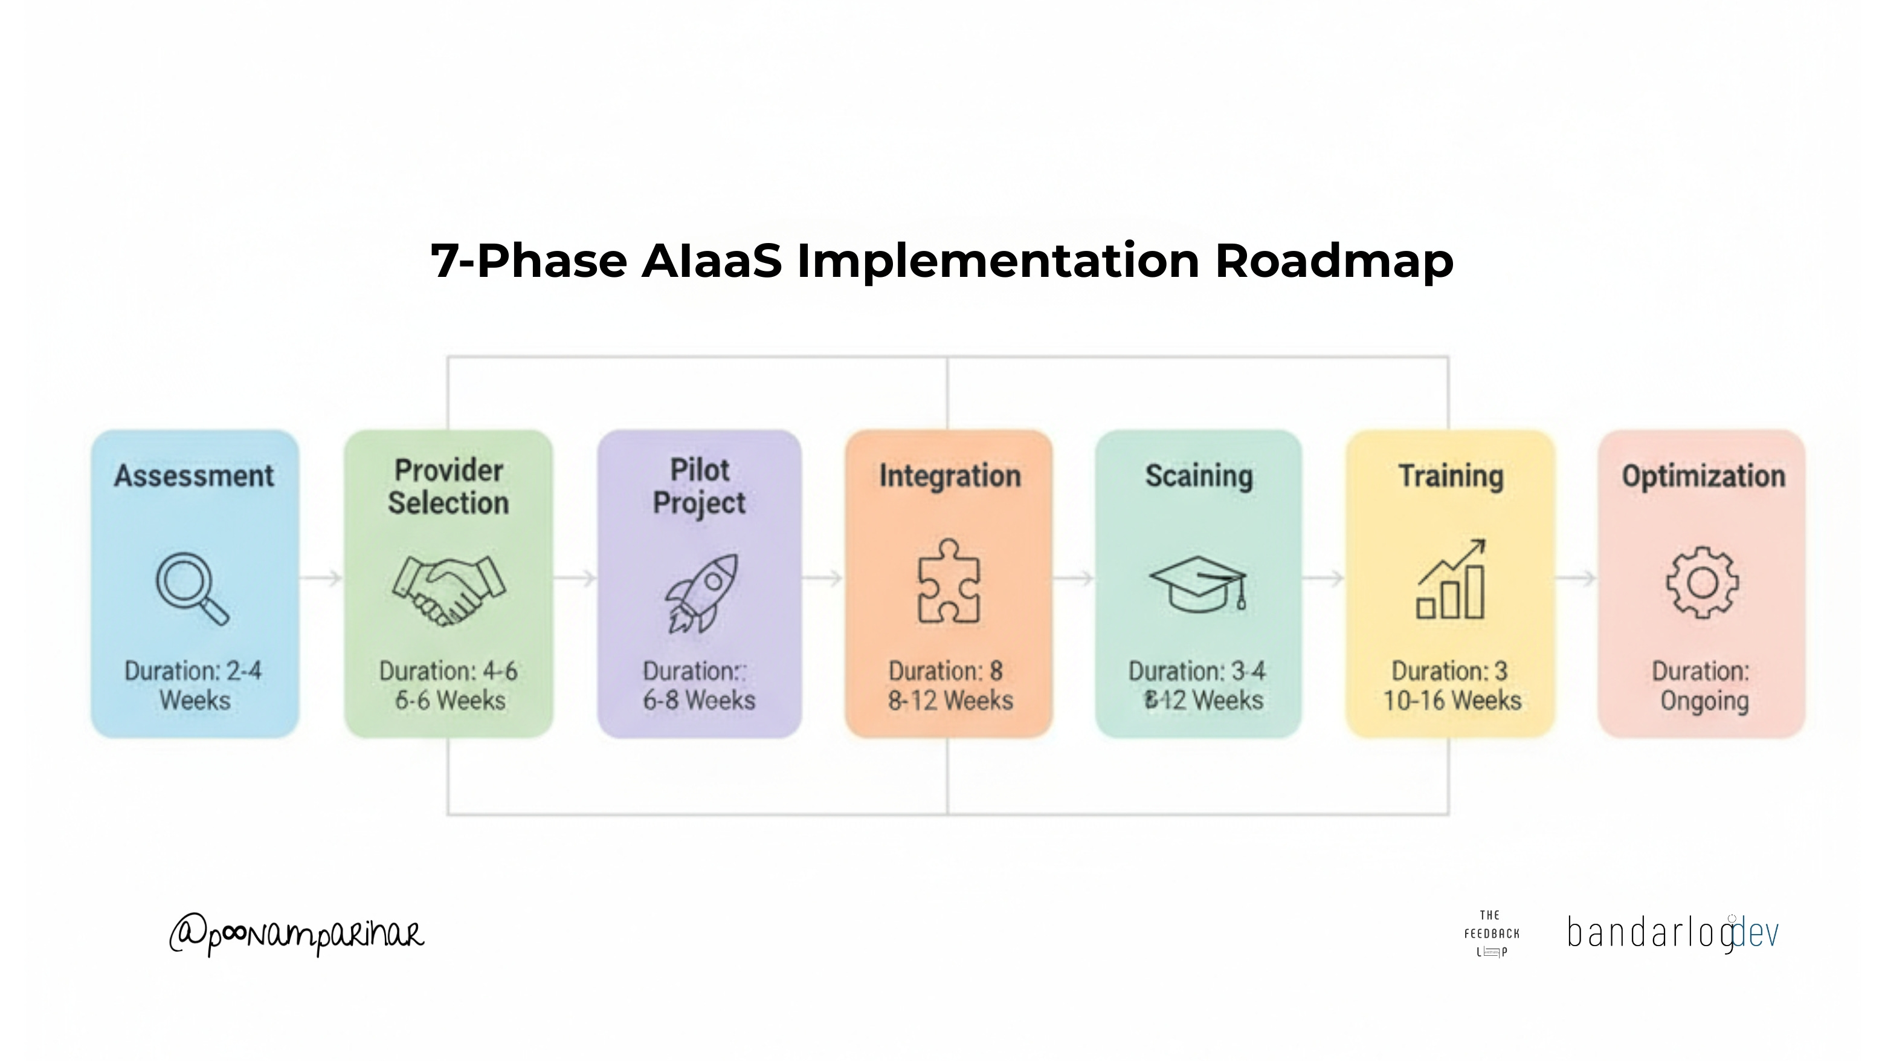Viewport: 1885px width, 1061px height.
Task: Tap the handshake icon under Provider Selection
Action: [x=448, y=589]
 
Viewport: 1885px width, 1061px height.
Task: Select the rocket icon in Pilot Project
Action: [x=701, y=592]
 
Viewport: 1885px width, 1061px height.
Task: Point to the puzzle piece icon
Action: [x=949, y=582]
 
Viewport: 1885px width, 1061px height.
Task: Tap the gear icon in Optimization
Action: [x=1702, y=583]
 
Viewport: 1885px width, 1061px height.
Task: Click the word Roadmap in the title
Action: [x=1333, y=261]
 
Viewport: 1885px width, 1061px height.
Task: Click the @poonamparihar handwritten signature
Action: [x=297, y=934]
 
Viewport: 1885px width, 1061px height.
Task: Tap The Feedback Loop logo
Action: [x=1491, y=933]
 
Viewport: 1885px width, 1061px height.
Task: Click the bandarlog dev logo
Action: [x=1672, y=933]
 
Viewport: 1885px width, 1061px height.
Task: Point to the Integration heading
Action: [x=949, y=476]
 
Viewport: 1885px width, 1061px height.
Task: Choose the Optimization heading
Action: [x=1703, y=476]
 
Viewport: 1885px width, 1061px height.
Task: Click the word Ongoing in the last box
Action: [x=1704, y=701]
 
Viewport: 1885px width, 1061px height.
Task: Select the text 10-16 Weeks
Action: [x=1452, y=701]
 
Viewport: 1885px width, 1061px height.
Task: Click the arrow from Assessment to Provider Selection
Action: [x=321, y=579]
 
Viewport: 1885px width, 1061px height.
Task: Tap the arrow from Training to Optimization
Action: [x=1576, y=579]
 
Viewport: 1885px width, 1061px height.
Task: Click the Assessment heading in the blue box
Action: [x=194, y=476]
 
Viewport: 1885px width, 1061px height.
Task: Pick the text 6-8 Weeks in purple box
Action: [x=699, y=701]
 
